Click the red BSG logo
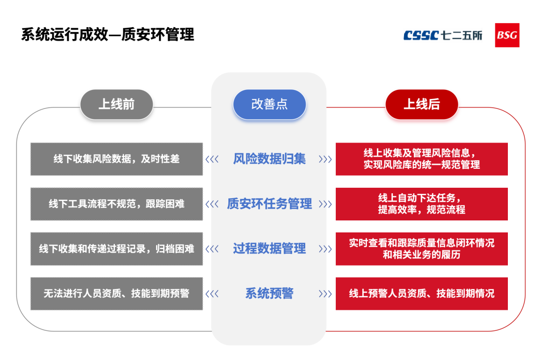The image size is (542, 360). tap(507, 35)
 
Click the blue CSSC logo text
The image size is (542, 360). tap(422, 35)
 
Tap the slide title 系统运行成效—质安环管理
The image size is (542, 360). tap(107, 35)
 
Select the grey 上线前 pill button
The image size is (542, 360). tap(116, 104)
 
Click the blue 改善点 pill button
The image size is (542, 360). tap(269, 104)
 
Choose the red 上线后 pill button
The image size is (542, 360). tap(422, 104)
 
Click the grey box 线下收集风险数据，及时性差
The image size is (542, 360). tap(116, 159)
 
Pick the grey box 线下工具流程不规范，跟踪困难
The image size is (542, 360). tap(116, 204)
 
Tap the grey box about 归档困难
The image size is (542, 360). tap(116, 249)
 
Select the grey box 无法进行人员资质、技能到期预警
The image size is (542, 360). tap(116, 294)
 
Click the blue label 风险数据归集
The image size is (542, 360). tap(269, 159)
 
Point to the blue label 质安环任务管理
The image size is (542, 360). tap(269, 204)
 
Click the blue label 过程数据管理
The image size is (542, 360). tap(269, 249)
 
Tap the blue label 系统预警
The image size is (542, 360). tap(269, 294)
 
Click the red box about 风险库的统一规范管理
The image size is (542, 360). tap(422, 159)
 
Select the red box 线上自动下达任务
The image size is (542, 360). tap(422, 204)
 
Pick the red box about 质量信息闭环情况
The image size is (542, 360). tap(422, 249)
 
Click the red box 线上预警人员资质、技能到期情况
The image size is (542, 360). tap(422, 294)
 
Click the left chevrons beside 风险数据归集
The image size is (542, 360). tap(212, 160)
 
